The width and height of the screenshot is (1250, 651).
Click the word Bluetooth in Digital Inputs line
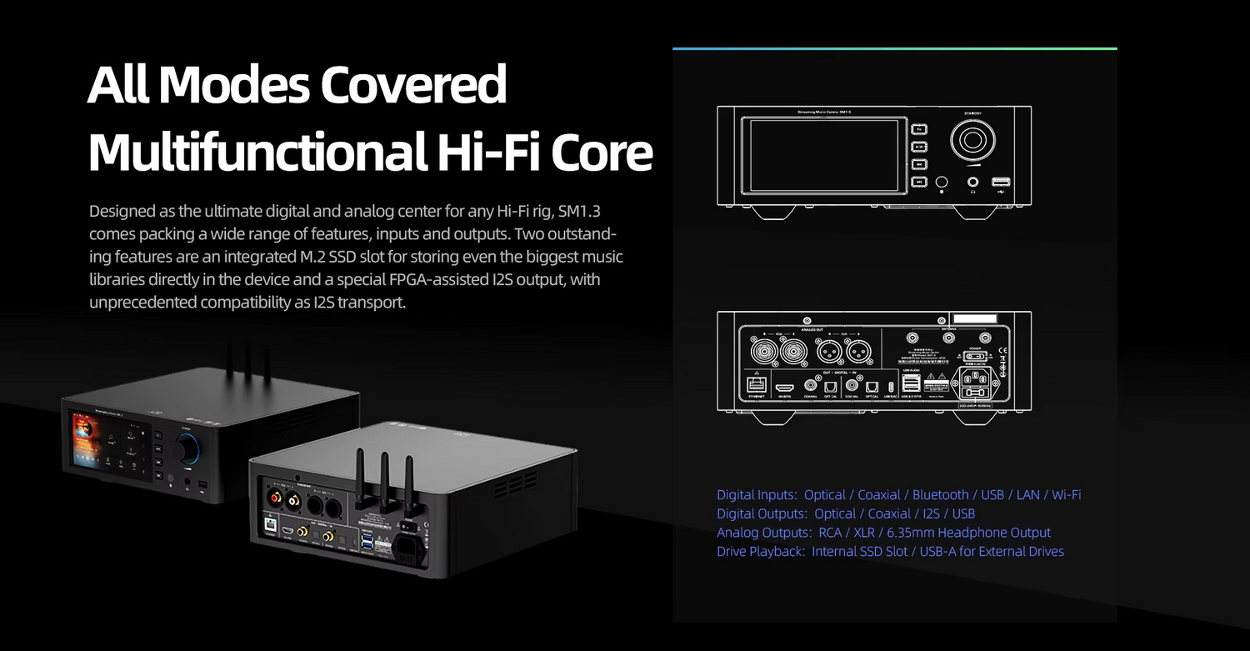pyautogui.click(x=940, y=495)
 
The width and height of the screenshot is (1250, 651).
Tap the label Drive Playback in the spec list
pyautogui.click(x=760, y=551)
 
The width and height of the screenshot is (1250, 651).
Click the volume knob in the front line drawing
pyautogui.click(x=972, y=139)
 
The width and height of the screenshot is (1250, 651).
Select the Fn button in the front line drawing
pyautogui.click(x=919, y=129)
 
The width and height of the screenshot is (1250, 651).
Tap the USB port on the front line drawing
pyautogui.click(x=1000, y=182)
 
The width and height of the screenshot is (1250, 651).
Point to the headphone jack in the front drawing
pyautogui.click(x=972, y=182)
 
